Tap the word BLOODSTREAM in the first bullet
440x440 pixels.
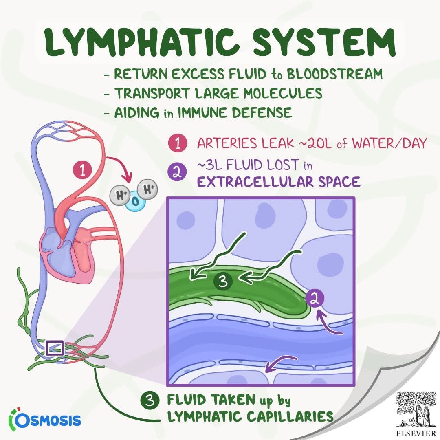[334, 74]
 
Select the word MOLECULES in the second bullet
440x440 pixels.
[283, 93]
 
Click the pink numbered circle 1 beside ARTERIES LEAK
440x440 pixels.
[178, 143]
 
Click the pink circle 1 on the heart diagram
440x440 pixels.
[82, 170]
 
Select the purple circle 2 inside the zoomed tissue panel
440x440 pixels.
[315, 299]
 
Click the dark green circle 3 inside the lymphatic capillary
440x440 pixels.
[223, 281]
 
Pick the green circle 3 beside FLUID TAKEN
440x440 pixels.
[150, 400]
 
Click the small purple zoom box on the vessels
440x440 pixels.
[55, 348]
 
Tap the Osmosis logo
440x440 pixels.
[45, 419]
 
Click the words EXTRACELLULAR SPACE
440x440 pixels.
[278, 182]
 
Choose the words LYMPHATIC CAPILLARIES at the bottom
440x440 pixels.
[250, 416]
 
